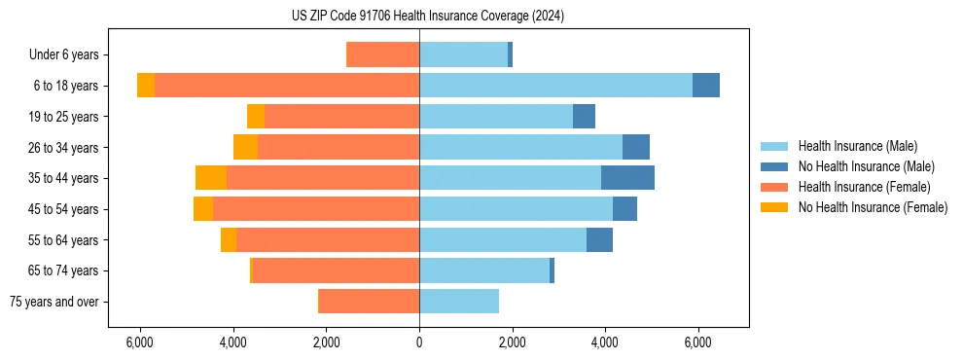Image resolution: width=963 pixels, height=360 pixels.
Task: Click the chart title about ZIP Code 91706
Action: [427, 17]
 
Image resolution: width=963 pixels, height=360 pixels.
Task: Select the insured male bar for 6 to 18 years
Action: [555, 86]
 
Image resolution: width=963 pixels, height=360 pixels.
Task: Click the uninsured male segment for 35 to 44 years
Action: [627, 178]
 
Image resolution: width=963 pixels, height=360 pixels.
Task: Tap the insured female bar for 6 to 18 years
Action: [287, 86]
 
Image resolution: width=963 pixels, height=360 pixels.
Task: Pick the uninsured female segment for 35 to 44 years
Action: [211, 178]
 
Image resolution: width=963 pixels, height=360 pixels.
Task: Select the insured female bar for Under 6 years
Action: [383, 54]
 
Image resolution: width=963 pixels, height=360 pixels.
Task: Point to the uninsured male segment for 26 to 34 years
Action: [636, 147]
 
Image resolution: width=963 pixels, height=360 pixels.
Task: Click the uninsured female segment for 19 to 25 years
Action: [256, 117]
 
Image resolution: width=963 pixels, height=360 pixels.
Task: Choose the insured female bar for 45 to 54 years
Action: [316, 209]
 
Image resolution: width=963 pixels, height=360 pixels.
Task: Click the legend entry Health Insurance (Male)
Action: [857, 146]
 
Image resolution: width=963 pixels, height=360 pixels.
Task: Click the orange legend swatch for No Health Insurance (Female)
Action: [776, 207]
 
